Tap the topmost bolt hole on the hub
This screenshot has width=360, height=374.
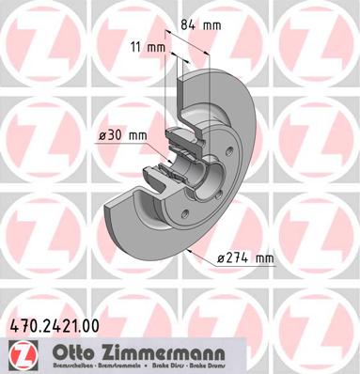tap(227, 151)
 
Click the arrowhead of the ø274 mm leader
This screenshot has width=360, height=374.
tap(191, 251)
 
